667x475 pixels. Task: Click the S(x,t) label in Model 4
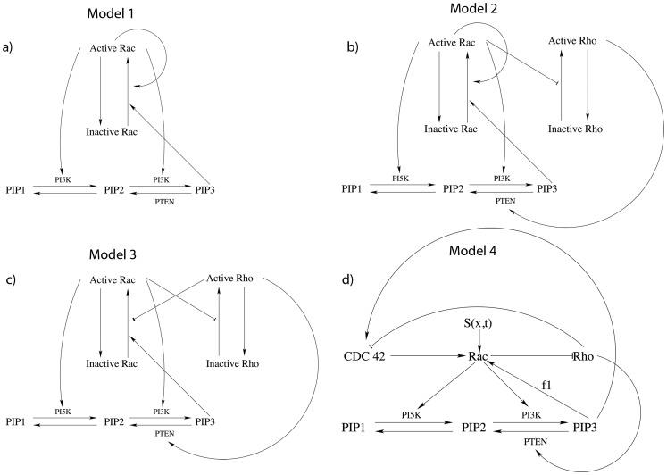pos(473,319)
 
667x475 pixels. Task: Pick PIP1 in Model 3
pos(18,420)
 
